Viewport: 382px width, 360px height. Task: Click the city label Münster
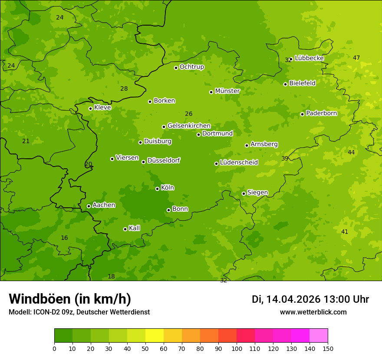point(227,91)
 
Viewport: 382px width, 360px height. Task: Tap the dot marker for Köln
point(157,189)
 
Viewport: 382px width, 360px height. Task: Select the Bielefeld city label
point(302,83)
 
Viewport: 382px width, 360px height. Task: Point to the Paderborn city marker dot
point(302,114)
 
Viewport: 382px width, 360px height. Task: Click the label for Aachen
point(104,205)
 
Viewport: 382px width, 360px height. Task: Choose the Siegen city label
point(257,193)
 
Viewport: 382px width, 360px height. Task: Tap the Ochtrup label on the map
point(191,67)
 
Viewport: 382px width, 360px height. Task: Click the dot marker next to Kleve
point(90,108)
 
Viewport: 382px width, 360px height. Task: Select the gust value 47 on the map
point(356,58)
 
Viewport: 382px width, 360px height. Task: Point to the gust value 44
point(351,152)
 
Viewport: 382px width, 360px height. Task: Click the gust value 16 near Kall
point(64,238)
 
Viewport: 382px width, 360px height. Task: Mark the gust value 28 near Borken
point(124,88)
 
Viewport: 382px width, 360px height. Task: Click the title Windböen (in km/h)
point(70,299)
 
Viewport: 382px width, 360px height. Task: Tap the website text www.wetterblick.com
point(313,312)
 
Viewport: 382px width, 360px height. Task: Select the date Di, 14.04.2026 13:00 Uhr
point(310,299)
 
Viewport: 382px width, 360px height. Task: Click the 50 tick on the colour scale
point(145,348)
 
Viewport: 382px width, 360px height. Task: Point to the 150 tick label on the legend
point(328,348)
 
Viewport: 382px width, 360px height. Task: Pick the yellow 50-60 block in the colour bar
point(155,335)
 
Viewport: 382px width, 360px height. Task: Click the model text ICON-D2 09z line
point(79,312)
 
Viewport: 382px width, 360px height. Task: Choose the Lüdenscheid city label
point(239,163)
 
